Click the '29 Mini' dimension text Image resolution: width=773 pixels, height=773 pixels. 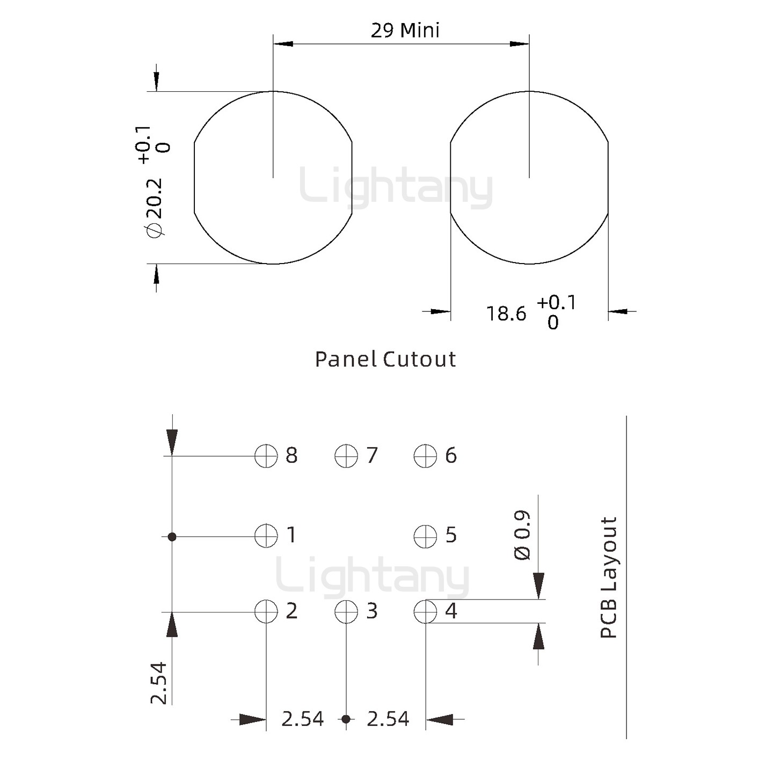point(405,31)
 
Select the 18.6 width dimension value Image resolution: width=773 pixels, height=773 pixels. point(506,313)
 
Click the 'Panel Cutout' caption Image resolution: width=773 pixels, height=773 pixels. point(385,359)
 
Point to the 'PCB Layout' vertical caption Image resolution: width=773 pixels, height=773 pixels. point(608,577)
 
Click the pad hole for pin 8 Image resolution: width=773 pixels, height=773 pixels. point(266,456)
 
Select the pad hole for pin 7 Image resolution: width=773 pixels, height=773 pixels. point(346,456)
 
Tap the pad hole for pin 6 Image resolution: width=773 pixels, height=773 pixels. point(425,456)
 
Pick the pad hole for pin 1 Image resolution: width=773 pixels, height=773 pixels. point(266,536)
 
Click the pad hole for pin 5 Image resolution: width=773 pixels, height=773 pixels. point(425,536)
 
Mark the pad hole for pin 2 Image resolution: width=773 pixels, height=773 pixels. point(266,611)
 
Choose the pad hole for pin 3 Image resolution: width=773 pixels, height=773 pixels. point(346,611)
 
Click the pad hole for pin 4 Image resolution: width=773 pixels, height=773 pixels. point(425,611)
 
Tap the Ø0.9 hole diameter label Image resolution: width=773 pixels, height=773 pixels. point(522,536)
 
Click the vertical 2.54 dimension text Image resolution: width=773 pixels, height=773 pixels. point(159,683)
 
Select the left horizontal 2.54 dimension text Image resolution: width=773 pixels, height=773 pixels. point(302,719)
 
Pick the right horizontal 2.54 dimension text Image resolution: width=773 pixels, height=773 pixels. point(388,719)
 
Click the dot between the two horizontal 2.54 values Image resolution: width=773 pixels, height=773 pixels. point(346,719)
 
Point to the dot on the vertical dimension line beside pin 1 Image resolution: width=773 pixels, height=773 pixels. point(172,536)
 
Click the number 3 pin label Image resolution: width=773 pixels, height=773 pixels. point(371,611)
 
